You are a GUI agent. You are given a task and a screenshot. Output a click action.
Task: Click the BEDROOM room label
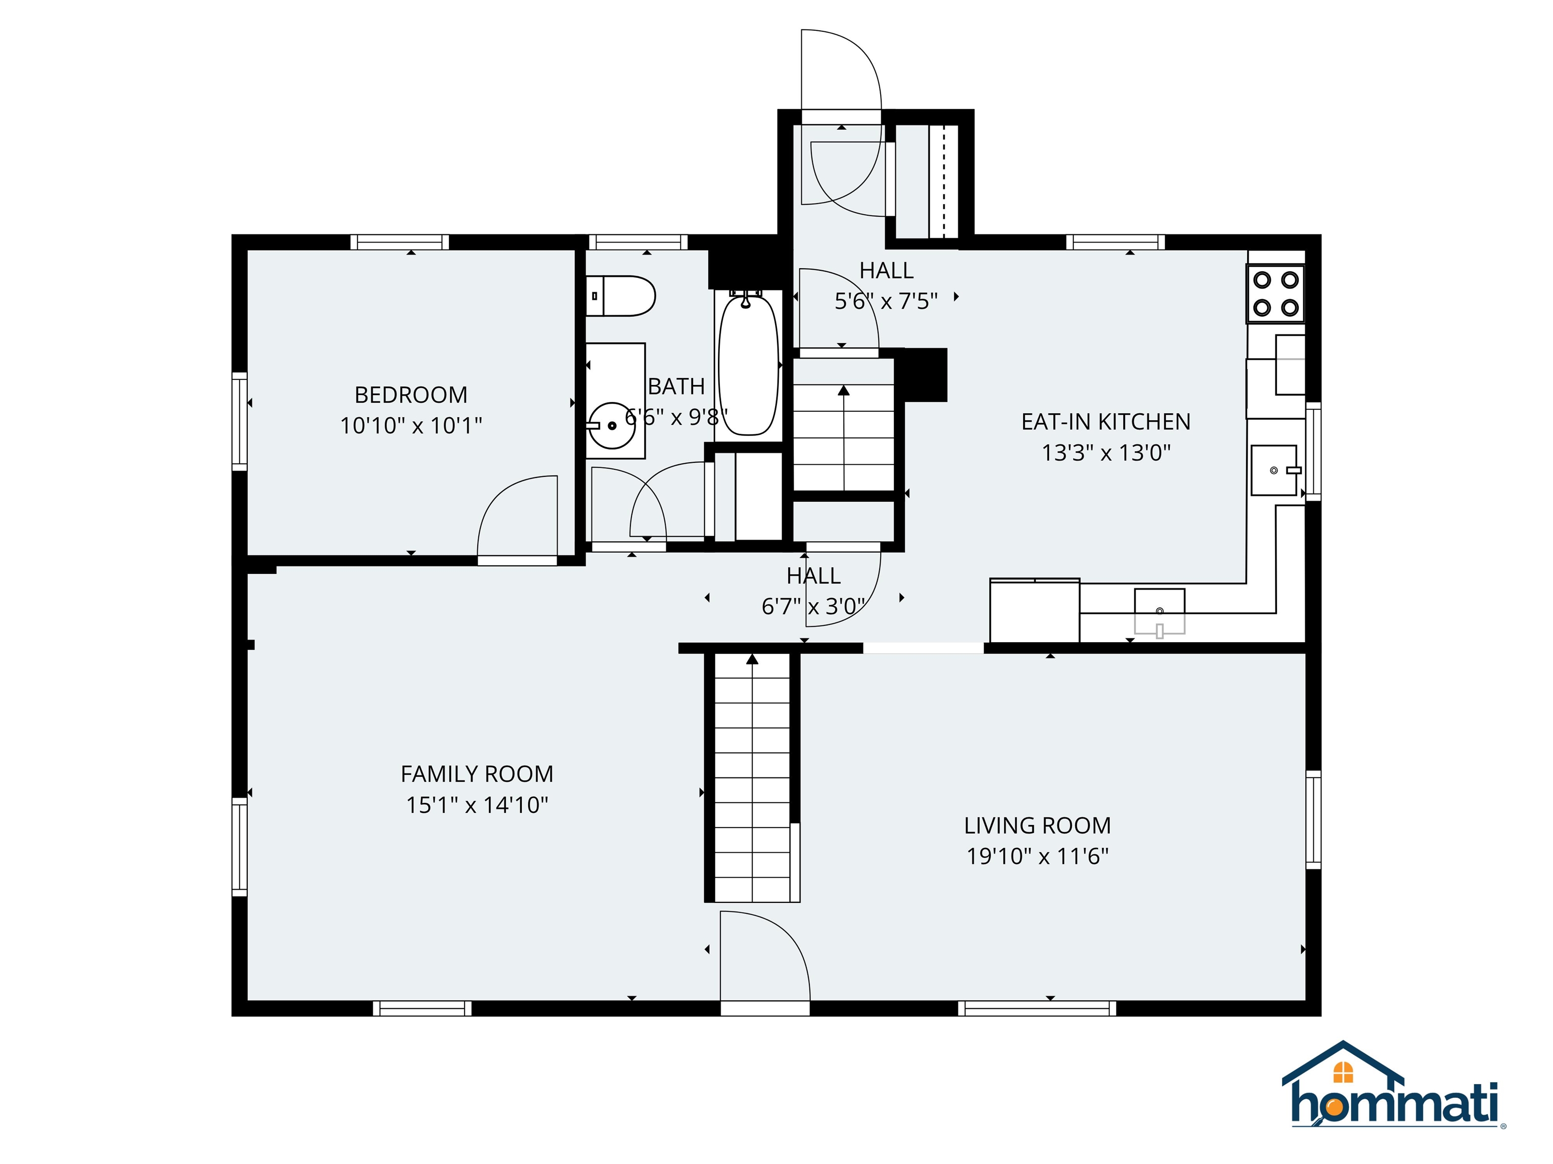pos(410,395)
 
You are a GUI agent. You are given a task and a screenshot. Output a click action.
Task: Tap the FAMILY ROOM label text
pos(477,774)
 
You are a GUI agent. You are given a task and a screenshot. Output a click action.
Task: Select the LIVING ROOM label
pos(1037,826)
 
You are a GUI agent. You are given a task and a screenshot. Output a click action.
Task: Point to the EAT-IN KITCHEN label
pos(1106,422)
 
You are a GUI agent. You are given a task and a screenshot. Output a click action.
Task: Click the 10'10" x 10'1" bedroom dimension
pos(410,426)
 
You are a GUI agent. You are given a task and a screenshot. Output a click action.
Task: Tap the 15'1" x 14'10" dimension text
pos(477,805)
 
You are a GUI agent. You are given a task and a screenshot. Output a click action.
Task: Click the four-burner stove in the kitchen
pos(1275,294)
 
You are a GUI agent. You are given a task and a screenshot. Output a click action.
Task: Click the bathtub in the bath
pos(748,364)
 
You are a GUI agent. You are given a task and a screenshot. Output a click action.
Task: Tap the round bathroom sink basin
pos(612,425)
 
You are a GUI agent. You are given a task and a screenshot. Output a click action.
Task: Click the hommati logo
pos(1394,1095)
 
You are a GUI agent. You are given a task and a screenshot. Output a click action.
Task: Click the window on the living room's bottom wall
pos(1037,1008)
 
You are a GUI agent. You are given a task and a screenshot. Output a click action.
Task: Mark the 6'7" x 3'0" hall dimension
pos(813,607)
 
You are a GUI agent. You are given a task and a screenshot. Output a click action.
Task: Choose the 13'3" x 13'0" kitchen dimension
pos(1106,453)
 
